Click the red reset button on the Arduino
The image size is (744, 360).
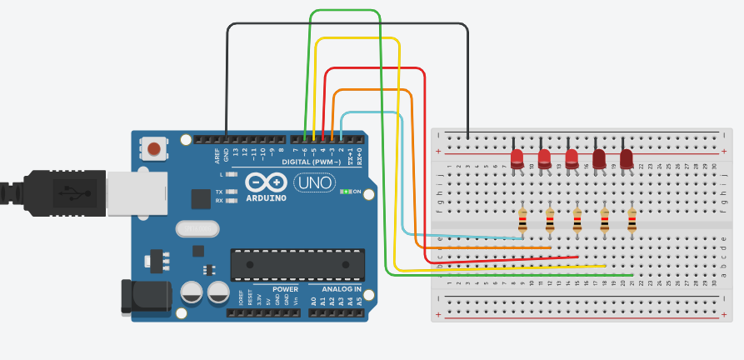click(x=154, y=150)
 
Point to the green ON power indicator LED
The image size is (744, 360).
click(x=345, y=192)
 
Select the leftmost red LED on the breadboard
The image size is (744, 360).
click(x=517, y=157)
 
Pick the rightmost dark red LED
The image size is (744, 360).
click(x=627, y=157)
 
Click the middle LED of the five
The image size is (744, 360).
click(x=572, y=157)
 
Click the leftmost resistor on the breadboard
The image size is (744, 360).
click(x=522, y=220)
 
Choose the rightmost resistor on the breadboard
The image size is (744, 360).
click(x=632, y=220)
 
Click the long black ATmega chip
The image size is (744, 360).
click(x=297, y=264)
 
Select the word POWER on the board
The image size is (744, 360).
click(x=285, y=289)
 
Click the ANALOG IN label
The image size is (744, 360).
click(x=342, y=289)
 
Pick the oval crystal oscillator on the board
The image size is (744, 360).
click(x=197, y=229)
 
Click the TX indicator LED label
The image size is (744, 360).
click(x=219, y=191)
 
